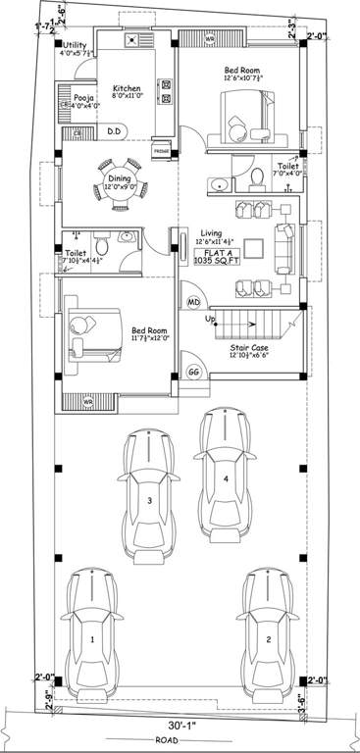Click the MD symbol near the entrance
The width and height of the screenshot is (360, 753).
(193, 302)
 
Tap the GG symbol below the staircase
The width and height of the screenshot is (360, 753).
(193, 373)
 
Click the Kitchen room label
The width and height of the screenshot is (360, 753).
(128, 86)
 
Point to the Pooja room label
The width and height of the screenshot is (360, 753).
(82, 98)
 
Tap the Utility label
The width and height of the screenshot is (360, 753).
(75, 45)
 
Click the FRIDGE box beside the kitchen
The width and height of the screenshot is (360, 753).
(163, 152)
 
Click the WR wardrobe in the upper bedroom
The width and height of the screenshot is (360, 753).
(209, 39)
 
